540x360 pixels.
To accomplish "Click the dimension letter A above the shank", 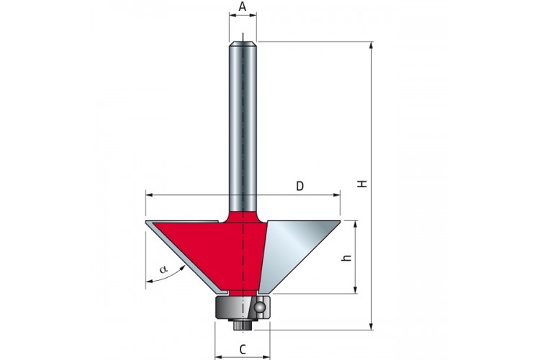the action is [x=243, y=6].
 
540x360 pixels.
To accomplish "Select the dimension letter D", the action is [x=300, y=186].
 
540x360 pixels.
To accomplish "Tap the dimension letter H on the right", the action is [x=362, y=184].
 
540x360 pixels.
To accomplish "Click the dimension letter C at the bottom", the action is [x=243, y=350].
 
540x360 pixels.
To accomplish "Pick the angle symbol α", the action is [x=163, y=269].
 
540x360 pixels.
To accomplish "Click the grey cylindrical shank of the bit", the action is [x=243, y=127].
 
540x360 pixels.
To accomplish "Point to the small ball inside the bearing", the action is [x=259, y=306].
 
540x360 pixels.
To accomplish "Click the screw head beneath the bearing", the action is [x=243, y=325].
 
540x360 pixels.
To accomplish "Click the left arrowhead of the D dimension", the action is [x=149, y=195].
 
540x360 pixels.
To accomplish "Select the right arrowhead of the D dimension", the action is [x=337, y=195].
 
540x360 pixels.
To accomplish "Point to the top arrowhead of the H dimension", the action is [x=372, y=45].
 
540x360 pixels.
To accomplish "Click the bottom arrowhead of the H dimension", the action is [x=372, y=326].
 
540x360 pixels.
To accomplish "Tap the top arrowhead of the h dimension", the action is [x=356, y=224].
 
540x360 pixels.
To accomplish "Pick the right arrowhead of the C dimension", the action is [x=266, y=357].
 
